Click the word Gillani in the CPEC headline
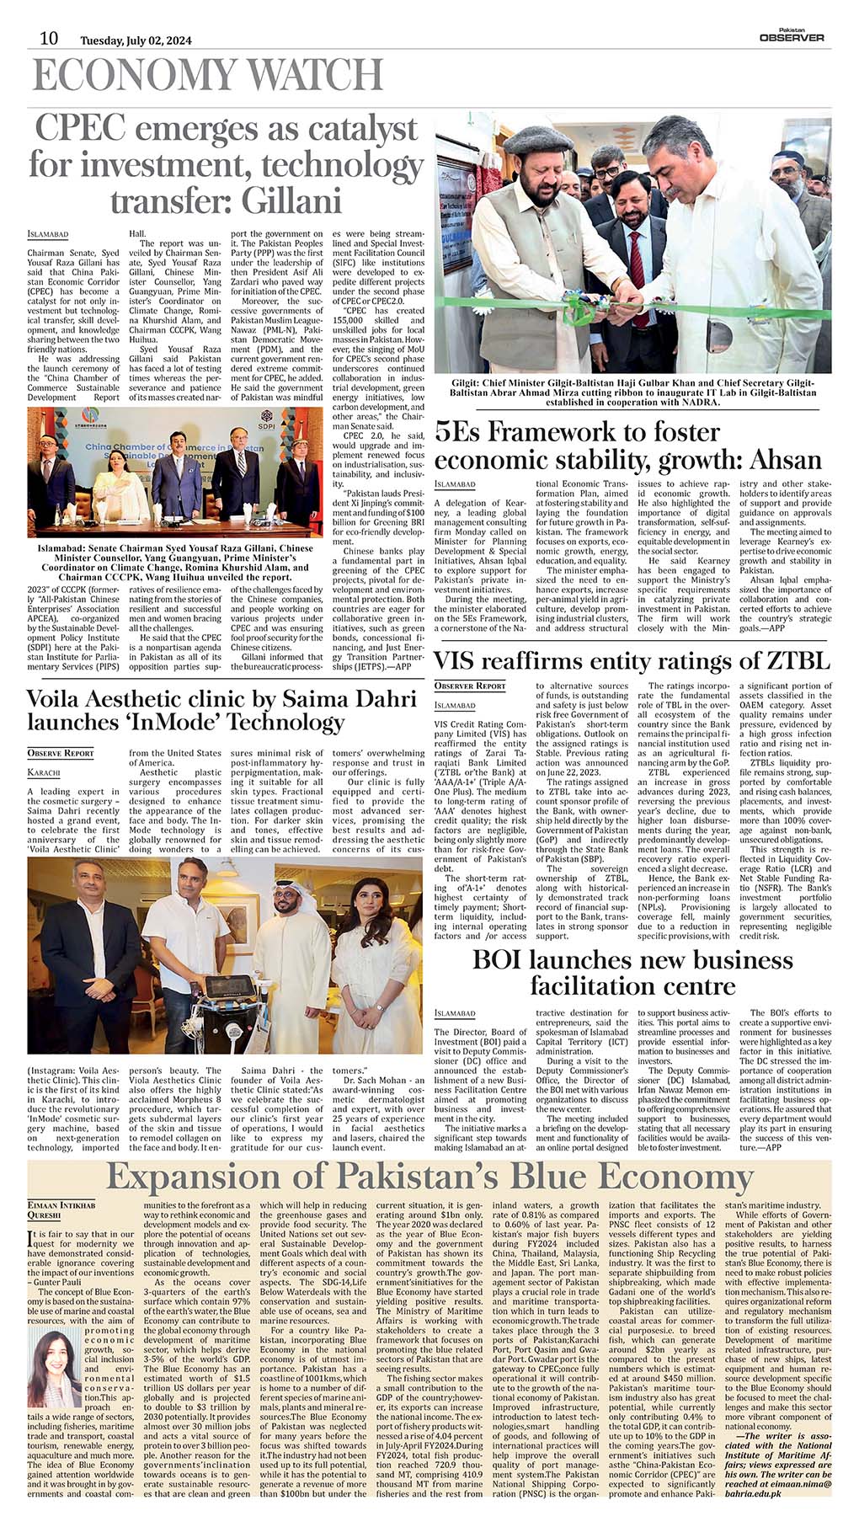(x=291, y=201)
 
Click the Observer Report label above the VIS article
(x=470, y=686)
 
